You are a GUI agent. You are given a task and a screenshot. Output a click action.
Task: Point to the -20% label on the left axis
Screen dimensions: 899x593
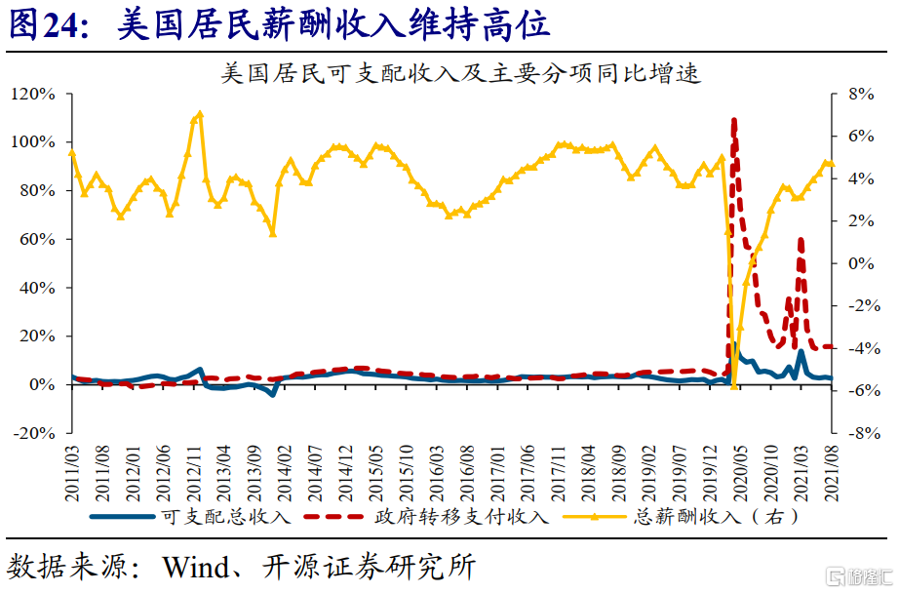[x=34, y=433]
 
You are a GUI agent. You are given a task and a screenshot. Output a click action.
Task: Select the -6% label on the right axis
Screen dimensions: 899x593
[x=864, y=390]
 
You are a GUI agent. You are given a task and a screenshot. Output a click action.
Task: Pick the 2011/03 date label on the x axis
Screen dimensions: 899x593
[x=72, y=474]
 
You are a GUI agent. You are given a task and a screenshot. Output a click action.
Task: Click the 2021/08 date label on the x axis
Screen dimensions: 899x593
[x=832, y=474]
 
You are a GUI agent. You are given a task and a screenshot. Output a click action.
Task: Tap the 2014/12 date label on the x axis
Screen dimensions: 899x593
[x=346, y=474]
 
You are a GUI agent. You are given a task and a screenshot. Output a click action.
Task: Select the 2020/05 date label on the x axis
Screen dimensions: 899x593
[x=740, y=474]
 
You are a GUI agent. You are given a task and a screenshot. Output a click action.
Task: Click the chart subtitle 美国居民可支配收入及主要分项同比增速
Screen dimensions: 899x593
[x=461, y=73]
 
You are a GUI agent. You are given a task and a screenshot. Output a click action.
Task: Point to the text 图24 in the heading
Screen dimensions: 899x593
[x=44, y=24]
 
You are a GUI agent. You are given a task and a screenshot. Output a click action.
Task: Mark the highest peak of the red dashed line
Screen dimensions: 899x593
[x=734, y=120]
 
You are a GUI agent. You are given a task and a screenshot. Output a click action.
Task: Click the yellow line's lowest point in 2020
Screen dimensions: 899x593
[x=734, y=386]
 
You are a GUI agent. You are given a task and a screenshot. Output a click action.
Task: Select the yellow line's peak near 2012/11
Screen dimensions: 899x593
[x=200, y=113]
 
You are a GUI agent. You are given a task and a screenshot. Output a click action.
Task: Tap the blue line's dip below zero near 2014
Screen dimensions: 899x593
[x=273, y=395]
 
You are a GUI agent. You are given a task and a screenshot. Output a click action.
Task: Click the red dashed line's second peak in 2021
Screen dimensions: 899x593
[x=801, y=240]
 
